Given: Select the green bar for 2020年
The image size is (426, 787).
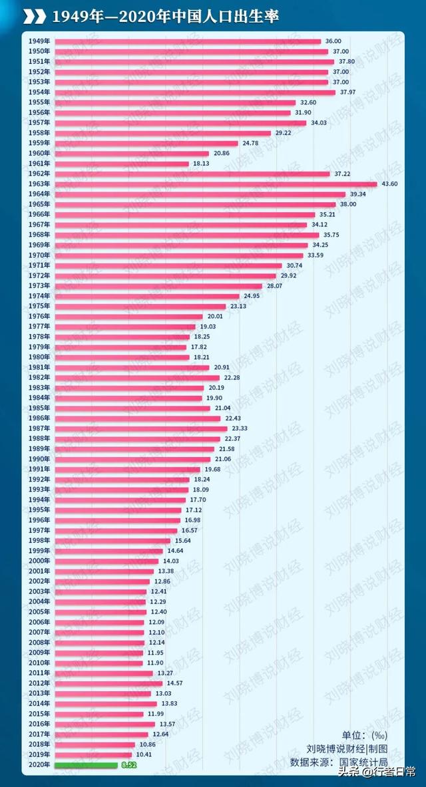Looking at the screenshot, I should pos(85,765).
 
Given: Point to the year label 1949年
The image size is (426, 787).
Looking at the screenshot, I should pos(38,41).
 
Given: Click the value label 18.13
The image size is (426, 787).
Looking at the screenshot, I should pos(202,163).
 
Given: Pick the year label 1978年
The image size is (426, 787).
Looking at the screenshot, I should pos(38,337).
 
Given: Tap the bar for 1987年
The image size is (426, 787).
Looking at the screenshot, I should pos(140,428).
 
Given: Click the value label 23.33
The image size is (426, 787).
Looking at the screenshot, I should pos(240,428).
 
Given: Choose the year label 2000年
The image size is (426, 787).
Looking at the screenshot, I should pos(38,561).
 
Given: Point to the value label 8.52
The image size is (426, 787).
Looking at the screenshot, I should pos(128,765).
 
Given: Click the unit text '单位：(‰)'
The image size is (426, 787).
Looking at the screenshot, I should pos(364,735).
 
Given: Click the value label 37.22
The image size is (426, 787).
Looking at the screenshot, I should pos(342,174).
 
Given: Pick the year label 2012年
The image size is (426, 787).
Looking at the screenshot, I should pos(38,683).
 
